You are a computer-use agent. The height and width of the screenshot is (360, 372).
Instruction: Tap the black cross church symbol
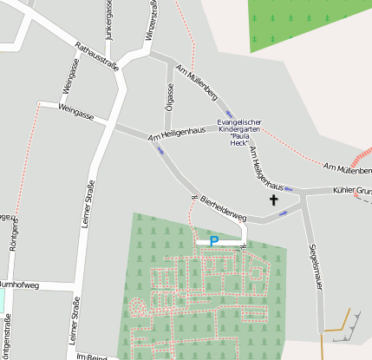(274, 200)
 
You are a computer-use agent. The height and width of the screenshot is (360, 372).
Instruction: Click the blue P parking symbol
(213, 240)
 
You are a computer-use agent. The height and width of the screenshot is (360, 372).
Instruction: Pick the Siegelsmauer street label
(314, 268)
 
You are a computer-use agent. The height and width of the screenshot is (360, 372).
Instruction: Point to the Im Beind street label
(91, 356)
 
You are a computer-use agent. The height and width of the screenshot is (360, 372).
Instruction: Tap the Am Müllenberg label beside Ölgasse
(195, 82)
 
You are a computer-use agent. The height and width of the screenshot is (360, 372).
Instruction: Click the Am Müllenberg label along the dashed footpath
(346, 167)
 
